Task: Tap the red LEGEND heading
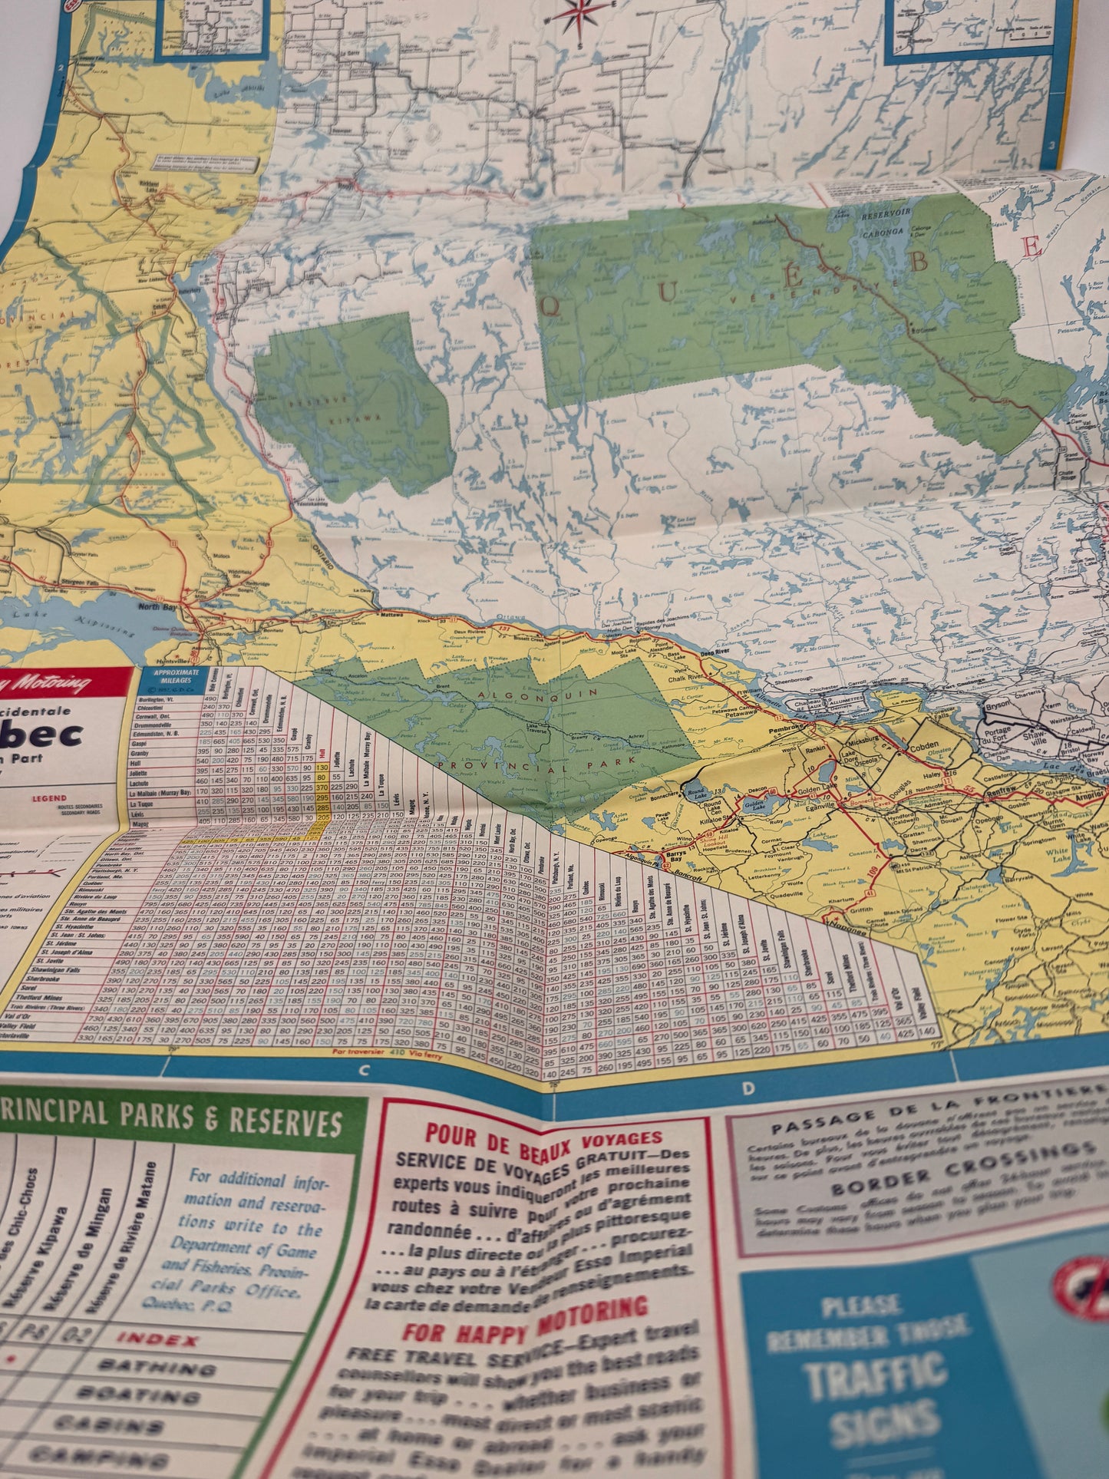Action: [x=49, y=798]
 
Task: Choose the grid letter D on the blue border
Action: [x=748, y=1088]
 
